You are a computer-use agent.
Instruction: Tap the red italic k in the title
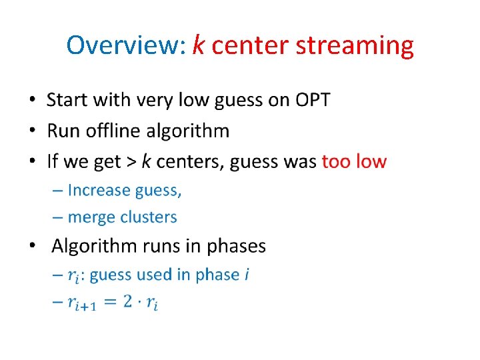click(198, 45)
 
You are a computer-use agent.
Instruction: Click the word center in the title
click(251, 45)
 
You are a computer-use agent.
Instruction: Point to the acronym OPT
click(309, 100)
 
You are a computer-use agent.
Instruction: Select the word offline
click(115, 131)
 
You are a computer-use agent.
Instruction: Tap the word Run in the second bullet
click(63, 131)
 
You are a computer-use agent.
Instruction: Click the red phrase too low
click(354, 161)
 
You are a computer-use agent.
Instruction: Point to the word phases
click(236, 246)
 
